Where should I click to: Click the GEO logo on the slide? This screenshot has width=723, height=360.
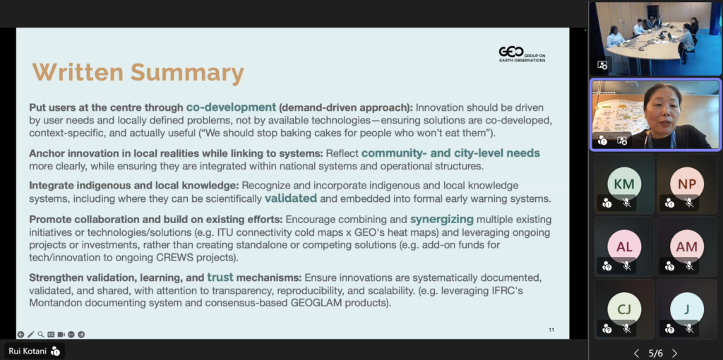pos(522,54)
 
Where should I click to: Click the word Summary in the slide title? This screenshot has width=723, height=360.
pos(187,73)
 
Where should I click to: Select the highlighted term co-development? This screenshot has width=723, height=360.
pos(231,107)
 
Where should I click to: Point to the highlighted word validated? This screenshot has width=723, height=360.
pos(291,198)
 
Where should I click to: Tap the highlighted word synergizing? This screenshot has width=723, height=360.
pos(442,219)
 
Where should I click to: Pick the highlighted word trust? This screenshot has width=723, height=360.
pos(220,277)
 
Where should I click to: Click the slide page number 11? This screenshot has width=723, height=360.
pos(551,330)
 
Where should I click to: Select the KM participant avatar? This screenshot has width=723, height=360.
pos(624,184)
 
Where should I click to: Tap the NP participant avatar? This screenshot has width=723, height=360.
pos(687,184)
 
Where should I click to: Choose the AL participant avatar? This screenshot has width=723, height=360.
pos(624,246)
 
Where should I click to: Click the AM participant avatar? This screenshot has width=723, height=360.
pos(687,246)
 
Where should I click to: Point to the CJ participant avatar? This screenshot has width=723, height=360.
pos(624,309)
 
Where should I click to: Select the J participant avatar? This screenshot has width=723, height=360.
pos(687,309)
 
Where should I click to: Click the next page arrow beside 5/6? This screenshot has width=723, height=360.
pos(674,354)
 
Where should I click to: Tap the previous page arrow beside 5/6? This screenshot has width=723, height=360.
pos(637,354)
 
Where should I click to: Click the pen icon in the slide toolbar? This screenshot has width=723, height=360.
pos(31,334)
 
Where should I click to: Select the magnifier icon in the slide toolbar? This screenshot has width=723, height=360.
pos(41,334)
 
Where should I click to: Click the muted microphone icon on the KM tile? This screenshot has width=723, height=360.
pos(626,203)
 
